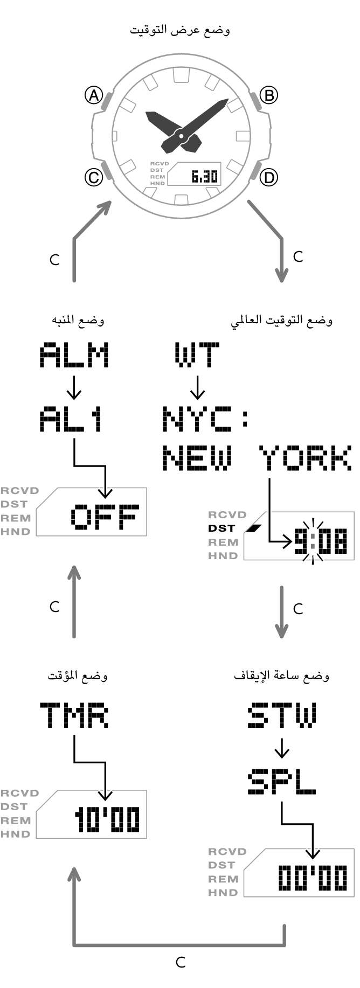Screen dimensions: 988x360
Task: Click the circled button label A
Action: [94, 95]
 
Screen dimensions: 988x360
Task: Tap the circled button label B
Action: [268, 95]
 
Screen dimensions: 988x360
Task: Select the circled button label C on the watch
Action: [94, 177]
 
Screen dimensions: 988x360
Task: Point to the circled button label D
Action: [268, 177]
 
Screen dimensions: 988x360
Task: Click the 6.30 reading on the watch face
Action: [204, 176]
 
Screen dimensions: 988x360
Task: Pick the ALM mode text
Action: [74, 355]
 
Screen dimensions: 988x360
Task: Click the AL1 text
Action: [71, 420]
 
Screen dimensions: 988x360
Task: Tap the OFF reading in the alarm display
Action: [105, 517]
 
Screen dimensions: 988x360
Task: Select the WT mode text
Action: [197, 355]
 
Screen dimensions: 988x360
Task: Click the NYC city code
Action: [197, 420]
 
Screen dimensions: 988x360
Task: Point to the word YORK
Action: [305, 458]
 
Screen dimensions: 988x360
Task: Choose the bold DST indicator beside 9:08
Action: [221, 528]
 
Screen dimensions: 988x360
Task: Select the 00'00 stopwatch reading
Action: [313, 878]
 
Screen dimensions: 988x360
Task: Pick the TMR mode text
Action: [74, 715]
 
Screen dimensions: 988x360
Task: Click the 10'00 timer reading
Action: [107, 819]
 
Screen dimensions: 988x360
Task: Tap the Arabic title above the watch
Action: [180, 30]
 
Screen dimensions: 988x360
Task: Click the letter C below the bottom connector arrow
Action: [181, 962]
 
